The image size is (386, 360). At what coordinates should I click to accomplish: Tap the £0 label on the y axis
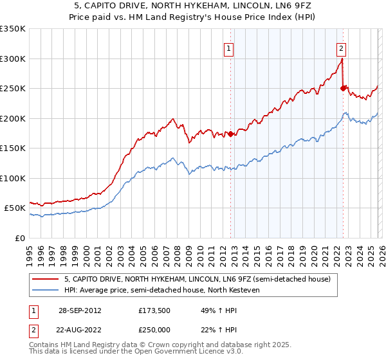pyautogui.click(x=21, y=238)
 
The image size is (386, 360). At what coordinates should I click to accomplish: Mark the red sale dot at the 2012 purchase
pyautogui.click(x=230, y=134)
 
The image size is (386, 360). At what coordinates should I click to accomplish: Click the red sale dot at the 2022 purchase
pyautogui.click(x=343, y=88)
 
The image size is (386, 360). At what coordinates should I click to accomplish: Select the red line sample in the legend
pyautogui.click(x=46, y=279)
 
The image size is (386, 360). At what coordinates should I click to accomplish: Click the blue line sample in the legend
pyautogui.click(x=46, y=290)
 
